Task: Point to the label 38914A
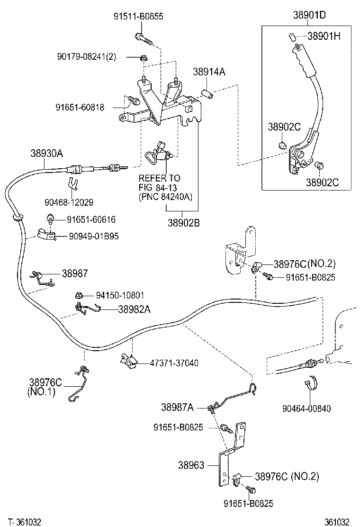208,72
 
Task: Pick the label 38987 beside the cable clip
74,273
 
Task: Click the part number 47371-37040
174,363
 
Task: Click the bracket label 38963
191,465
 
